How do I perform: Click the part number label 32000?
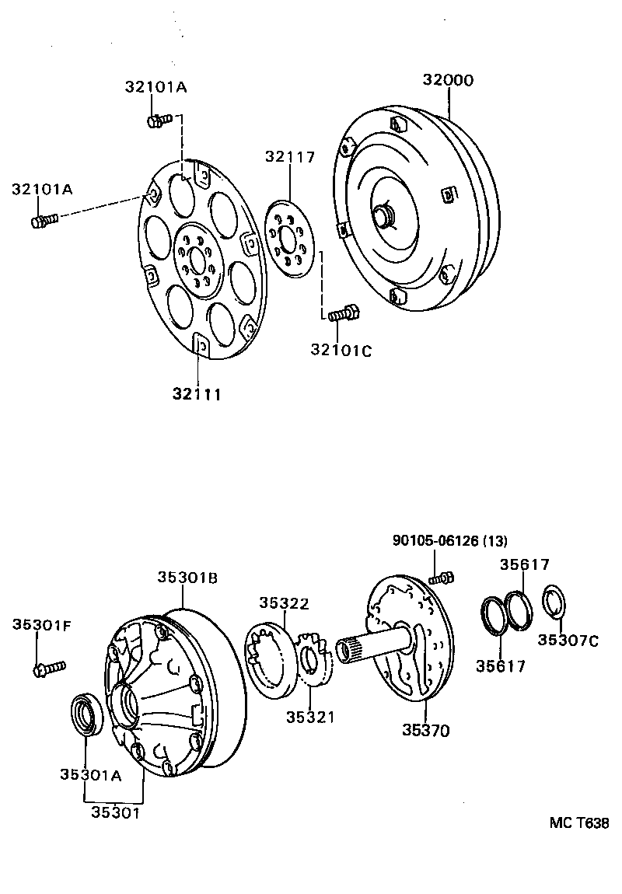[x=448, y=80]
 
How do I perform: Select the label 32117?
[x=289, y=156]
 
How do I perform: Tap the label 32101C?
[x=341, y=351]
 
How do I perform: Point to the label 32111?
[x=197, y=394]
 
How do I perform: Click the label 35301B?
[x=187, y=578]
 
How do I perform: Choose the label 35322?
[x=285, y=603]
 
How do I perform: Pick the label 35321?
[x=309, y=717]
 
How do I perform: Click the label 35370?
[x=426, y=730]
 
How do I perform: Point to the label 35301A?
[x=91, y=774]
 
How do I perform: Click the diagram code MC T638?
[x=578, y=823]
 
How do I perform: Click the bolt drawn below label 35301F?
[x=50, y=668]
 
